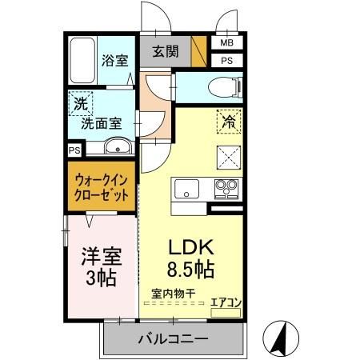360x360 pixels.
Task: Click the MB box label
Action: click(x=226, y=43)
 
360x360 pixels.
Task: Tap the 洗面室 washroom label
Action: click(x=100, y=125)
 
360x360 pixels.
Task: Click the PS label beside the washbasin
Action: click(x=74, y=149)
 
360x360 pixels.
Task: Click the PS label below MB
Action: click(x=226, y=60)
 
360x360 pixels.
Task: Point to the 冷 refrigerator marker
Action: click(x=228, y=122)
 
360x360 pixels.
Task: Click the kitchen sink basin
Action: click(x=185, y=190)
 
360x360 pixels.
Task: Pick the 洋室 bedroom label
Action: click(x=100, y=258)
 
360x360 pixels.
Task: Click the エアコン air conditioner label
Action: click(x=225, y=302)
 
